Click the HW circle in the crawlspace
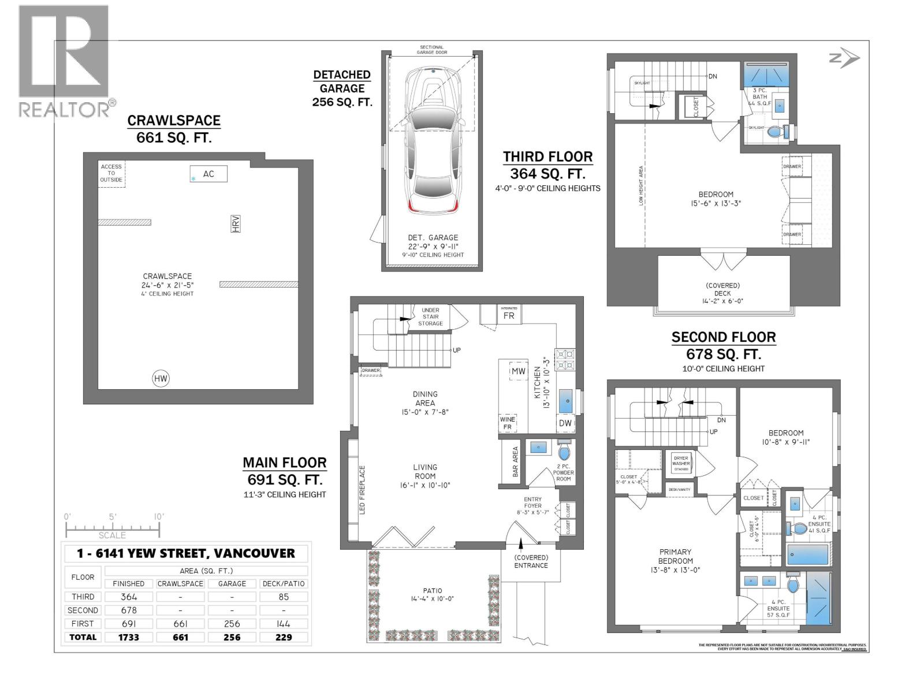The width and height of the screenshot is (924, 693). [x=161, y=379]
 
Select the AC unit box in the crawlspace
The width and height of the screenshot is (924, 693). [x=208, y=174]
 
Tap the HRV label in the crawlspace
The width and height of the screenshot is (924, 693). [x=235, y=223]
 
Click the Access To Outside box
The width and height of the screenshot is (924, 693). [x=111, y=173]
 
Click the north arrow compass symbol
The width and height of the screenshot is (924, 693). [x=844, y=58]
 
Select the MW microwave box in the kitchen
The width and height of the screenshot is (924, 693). [x=518, y=371]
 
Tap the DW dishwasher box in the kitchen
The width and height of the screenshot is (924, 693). [x=565, y=423]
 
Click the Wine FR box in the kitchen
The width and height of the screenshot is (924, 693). [x=507, y=423]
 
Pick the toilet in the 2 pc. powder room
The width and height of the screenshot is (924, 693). [x=564, y=451]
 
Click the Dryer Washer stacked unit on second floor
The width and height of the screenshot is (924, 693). [x=681, y=463]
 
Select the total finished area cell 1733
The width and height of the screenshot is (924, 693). [x=128, y=637]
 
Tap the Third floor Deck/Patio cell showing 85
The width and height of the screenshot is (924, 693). [x=284, y=597]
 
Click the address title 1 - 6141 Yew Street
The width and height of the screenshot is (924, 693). [x=186, y=553]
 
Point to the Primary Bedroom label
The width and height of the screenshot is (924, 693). [x=675, y=556]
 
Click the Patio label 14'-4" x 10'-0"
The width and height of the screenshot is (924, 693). [x=433, y=594]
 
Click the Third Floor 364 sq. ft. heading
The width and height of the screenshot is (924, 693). [x=547, y=165]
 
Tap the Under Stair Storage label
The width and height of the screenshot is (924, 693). [x=431, y=316]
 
